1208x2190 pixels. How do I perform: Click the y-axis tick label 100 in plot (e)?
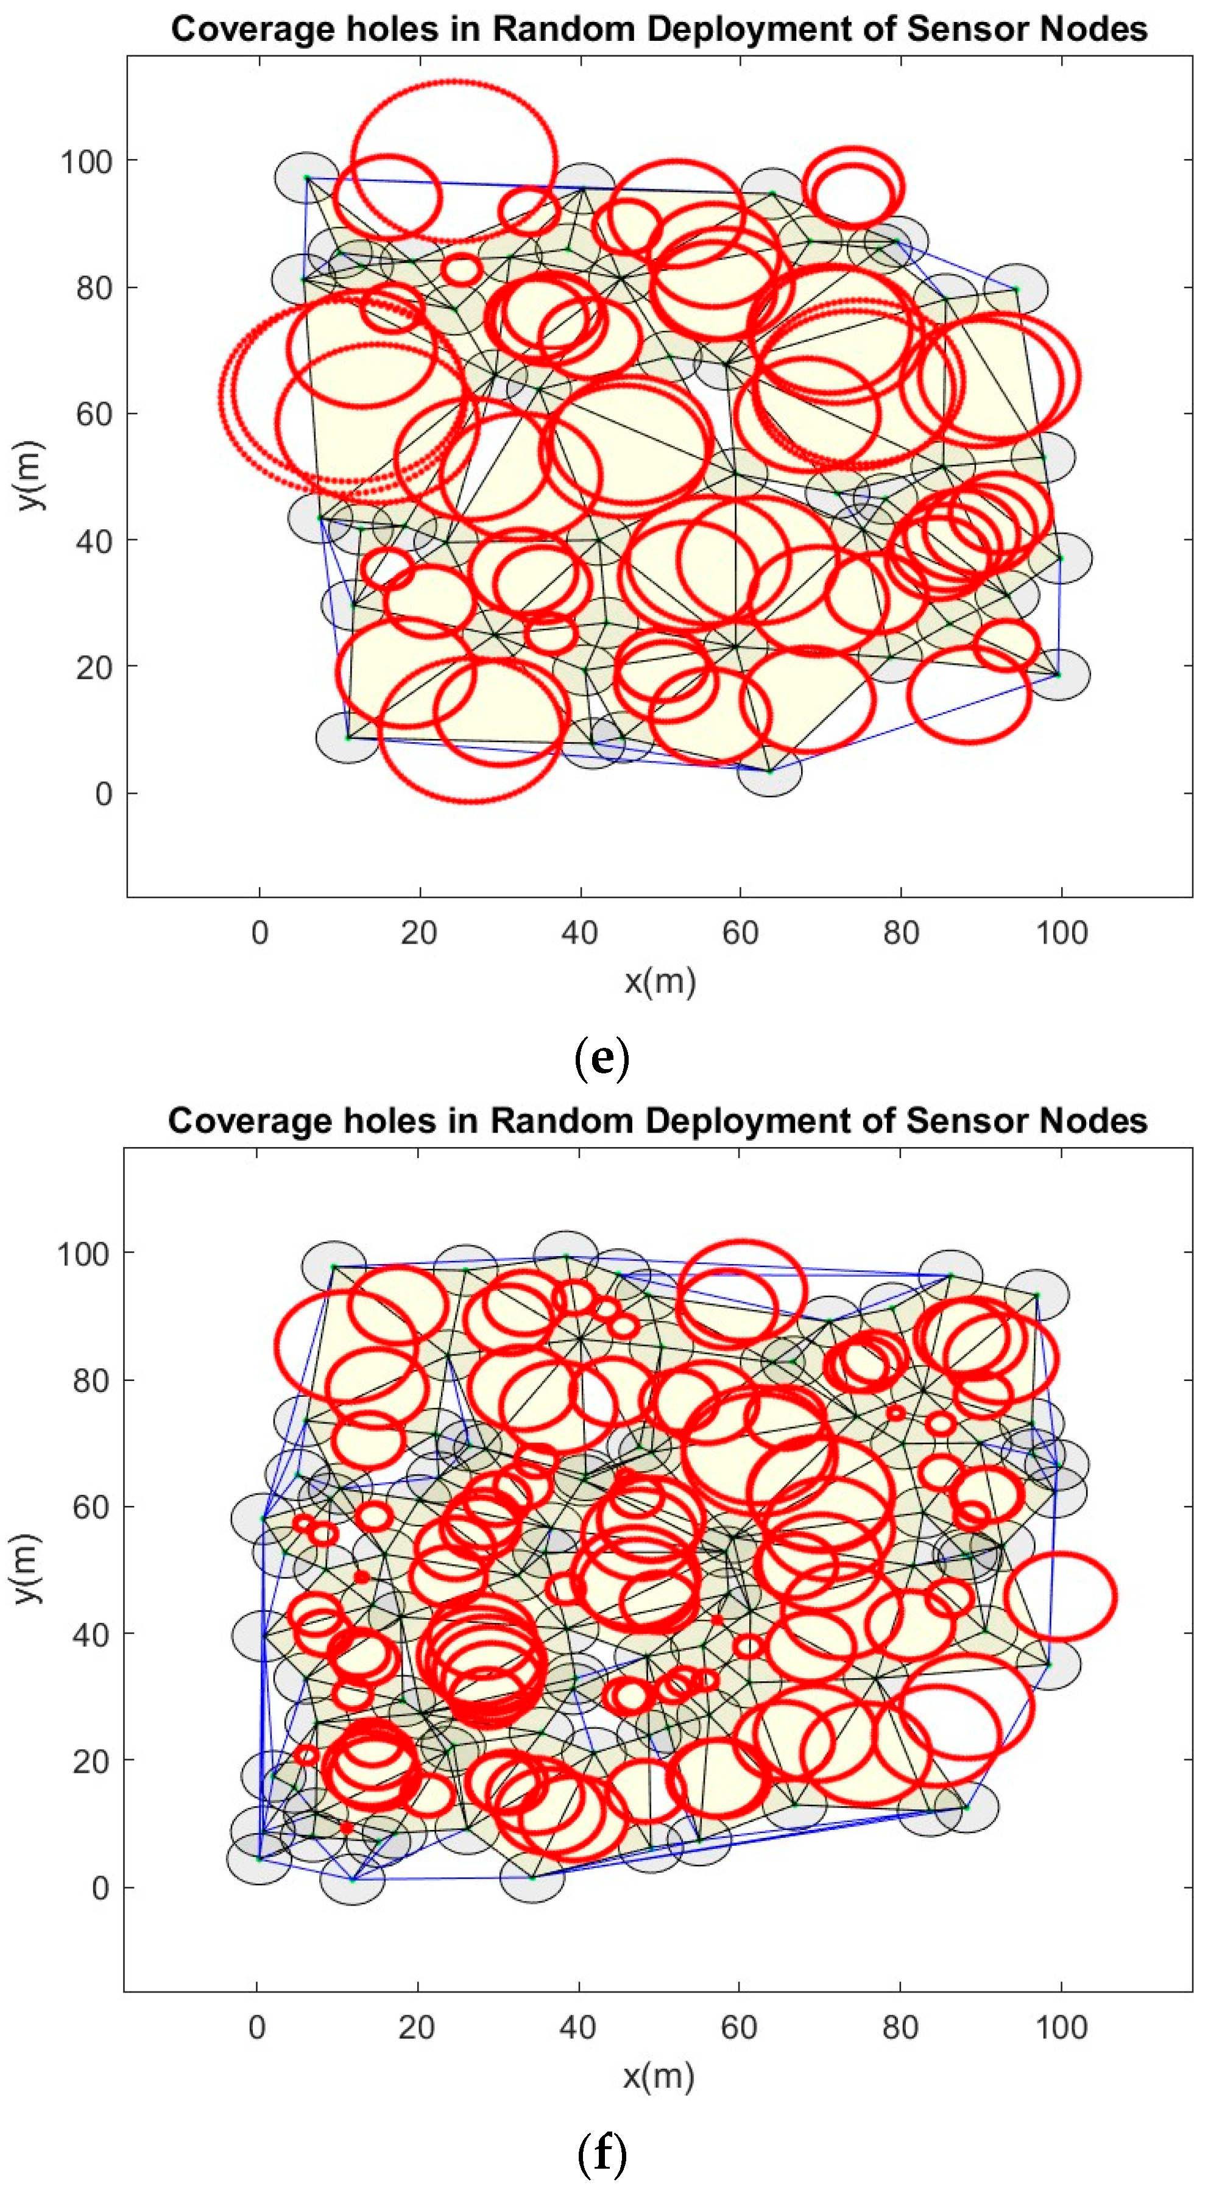(x=86, y=161)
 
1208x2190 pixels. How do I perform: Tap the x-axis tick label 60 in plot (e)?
(x=740, y=933)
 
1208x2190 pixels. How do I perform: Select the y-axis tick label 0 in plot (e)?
(x=104, y=793)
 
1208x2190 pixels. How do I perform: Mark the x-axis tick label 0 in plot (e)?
(x=260, y=933)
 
